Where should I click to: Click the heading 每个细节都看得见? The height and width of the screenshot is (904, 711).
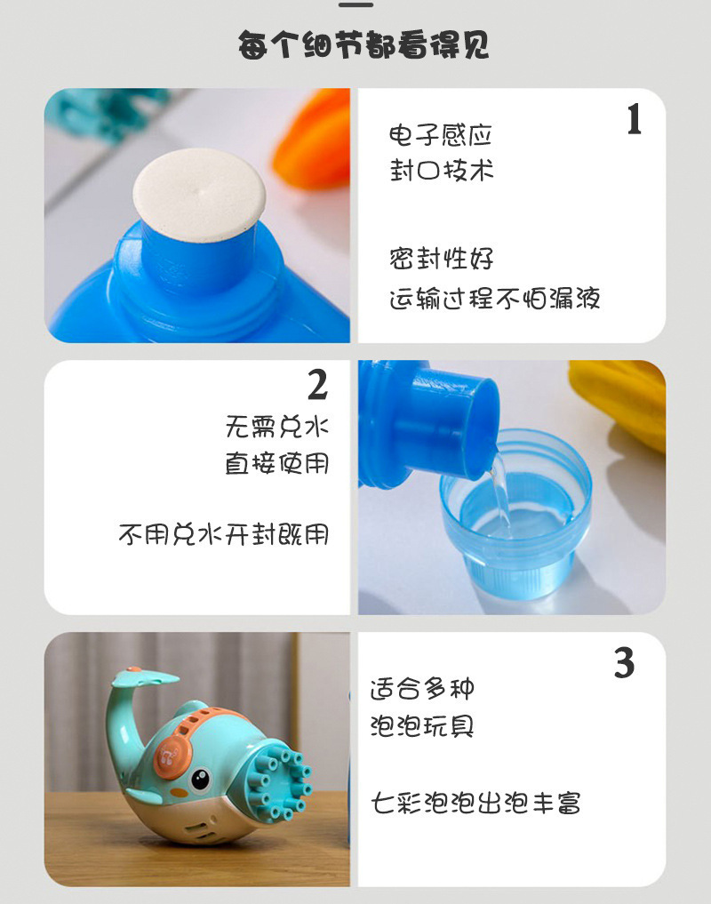(363, 45)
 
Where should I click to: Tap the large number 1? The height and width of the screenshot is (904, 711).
(633, 120)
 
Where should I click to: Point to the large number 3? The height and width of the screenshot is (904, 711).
(625, 664)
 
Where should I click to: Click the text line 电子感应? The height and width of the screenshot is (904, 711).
(441, 136)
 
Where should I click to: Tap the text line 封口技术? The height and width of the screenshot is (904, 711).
(441, 171)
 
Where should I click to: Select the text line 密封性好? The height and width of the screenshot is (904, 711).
(441, 260)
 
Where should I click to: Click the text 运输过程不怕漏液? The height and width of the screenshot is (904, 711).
(494, 299)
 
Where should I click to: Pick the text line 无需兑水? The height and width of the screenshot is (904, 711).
(276, 427)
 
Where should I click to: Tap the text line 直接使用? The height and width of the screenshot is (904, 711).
(276, 463)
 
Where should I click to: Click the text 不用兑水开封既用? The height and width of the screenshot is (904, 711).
(223, 534)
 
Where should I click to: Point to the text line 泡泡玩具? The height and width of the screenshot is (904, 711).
(422, 726)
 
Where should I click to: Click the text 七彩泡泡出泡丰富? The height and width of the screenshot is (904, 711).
(475, 804)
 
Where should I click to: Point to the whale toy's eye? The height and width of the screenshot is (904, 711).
(201, 780)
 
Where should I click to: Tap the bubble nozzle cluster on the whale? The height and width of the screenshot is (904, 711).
(280, 783)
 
